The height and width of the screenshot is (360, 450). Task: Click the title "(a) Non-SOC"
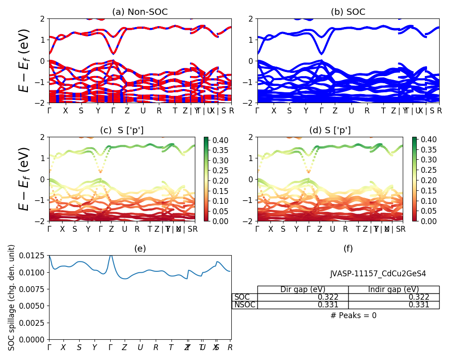point(140,12)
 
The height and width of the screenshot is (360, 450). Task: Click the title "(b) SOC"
point(348,12)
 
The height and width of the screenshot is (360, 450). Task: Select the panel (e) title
point(140,248)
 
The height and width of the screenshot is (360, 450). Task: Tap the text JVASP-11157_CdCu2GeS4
point(378,273)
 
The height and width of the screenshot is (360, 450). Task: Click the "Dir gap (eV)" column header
point(303,289)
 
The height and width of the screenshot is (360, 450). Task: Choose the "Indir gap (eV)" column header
point(394,289)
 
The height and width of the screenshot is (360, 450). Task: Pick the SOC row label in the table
point(242,297)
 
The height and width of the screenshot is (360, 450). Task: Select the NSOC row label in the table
point(244,305)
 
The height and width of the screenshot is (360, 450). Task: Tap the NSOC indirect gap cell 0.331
point(418,305)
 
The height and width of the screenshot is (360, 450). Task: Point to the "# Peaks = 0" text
point(353,315)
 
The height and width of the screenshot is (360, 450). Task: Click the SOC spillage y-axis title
point(12,297)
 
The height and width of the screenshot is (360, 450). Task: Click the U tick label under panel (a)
point(143,111)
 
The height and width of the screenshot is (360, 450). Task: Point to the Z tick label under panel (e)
point(125,347)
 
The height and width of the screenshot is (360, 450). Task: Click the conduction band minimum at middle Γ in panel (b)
point(321,54)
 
